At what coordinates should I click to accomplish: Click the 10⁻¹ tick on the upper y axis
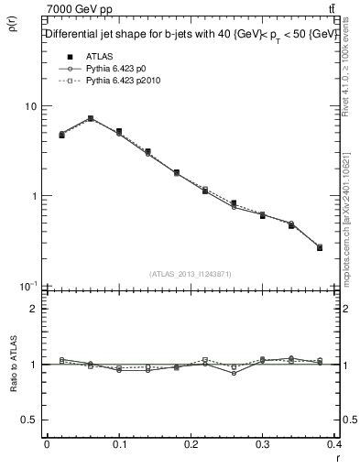27,285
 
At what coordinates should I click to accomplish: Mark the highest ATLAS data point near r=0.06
90,118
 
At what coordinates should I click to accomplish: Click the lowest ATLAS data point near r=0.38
319,247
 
